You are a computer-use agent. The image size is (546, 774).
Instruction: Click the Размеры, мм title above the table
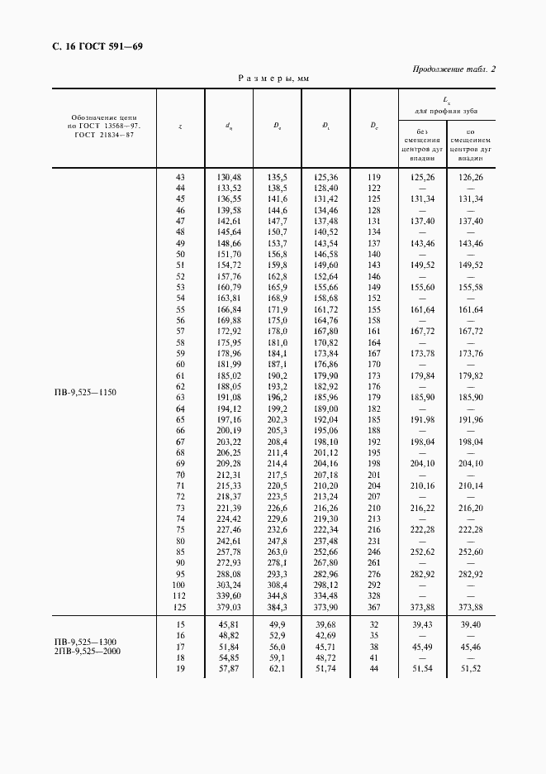tap(273, 79)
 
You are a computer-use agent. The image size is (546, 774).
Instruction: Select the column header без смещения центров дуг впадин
tap(421, 144)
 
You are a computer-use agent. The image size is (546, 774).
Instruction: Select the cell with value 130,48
tap(229, 178)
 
